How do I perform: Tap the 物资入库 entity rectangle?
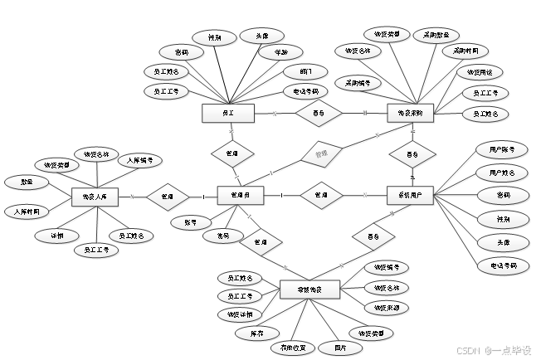[95, 197]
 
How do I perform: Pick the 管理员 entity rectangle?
[241, 196]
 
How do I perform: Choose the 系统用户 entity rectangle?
[411, 196]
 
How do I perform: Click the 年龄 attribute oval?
[275, 53]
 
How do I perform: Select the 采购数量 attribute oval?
[436, 36]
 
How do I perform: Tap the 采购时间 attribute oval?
[459, 51]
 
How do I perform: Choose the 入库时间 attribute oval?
[32, 212]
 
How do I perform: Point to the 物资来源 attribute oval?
[387, 308]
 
